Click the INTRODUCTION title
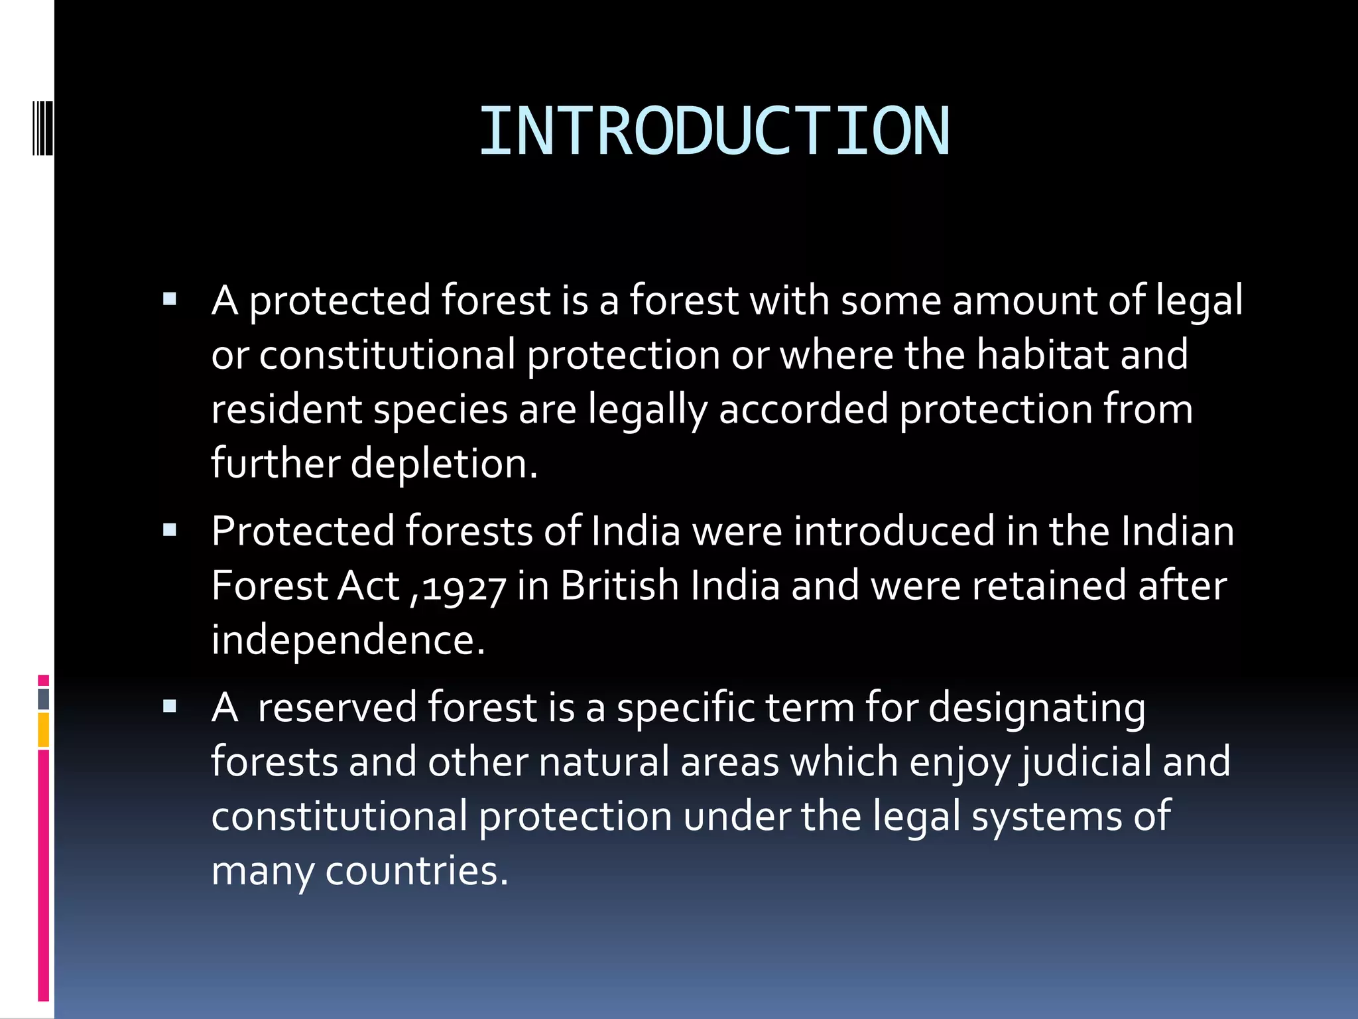click(x=714, y=132)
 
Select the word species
click(x=440, y=409)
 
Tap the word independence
click(x=348, y=640)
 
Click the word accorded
click(x=803, y=409)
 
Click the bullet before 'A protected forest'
click(x=170, y=299)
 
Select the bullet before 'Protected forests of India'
click(x=170, y=530)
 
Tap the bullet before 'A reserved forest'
click(x=170, y=706)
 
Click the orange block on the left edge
click(x=43, y=730)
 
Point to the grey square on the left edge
click(x=43, y=699)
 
